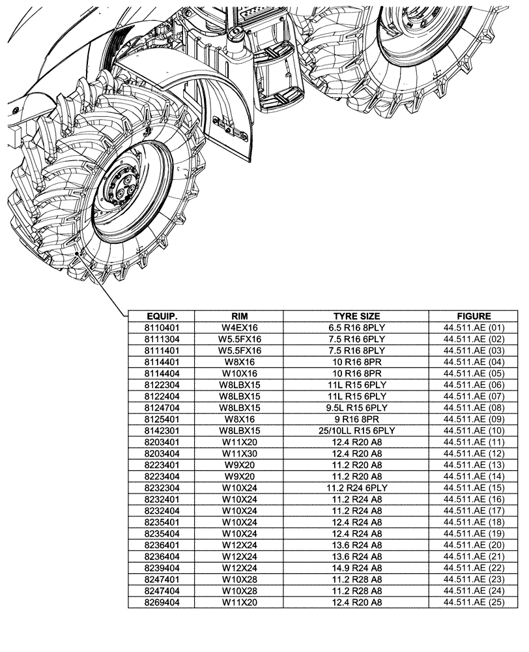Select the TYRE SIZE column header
pyautogui.click(x=356, y=316)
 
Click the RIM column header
pyautogui.click(x=239, y=316)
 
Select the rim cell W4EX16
pyautogui.click(x=239, y=327)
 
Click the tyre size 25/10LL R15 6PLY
pyautogui.click(x=356, y=430)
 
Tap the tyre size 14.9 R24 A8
pyautogui.click(x=356, y=569)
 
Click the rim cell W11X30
pyautogui.click(x=239, y=453)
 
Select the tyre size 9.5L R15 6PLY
pyautogui.click(x=356, y=407)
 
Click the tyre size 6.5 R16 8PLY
pyautogui.click(x=356, y=327)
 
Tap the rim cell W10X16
pyautogui.click(x=239, y=373)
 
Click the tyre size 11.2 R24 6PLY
pyautogui.click(x=356, y=488)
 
